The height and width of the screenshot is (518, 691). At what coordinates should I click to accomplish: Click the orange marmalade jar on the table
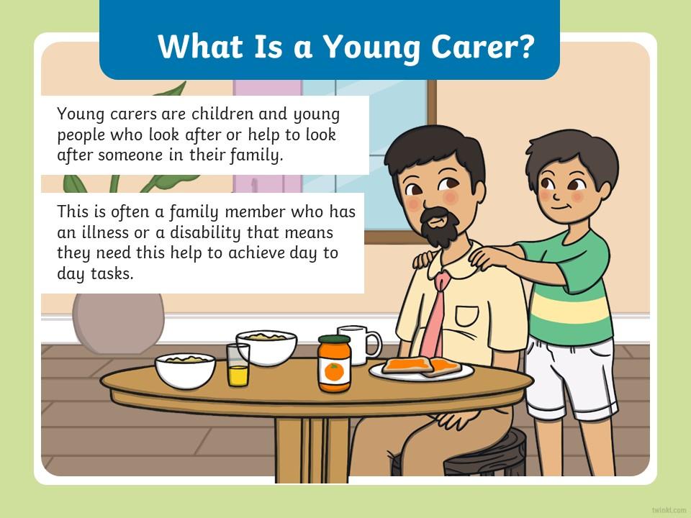[335, 363]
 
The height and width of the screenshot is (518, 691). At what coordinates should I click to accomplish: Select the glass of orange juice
[238, 365]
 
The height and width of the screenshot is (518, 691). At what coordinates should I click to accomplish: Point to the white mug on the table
[358, 344]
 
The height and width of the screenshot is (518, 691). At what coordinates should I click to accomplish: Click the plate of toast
[421, 368]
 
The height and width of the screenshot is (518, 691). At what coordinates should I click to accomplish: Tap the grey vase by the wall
[118, 323]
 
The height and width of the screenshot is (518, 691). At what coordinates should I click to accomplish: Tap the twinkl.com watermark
[669, 509]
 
